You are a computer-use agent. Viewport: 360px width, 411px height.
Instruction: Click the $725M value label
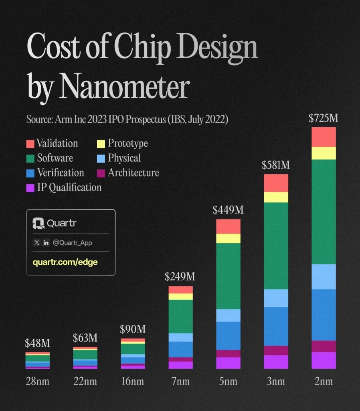324,118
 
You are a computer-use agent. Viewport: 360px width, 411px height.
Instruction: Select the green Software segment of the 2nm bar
324,212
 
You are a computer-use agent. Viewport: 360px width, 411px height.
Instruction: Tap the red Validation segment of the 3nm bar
276,183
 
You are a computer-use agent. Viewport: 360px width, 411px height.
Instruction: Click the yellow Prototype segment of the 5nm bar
228,238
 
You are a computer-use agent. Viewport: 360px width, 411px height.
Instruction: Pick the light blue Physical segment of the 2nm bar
324,277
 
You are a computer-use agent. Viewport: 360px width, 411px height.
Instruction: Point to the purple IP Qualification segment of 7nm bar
180,365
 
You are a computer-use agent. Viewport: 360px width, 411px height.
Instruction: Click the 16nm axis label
133,381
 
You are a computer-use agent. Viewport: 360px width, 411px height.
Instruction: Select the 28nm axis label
37,381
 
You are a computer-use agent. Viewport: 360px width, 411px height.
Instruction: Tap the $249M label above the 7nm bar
180,277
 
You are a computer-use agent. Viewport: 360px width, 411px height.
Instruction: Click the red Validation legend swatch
30,144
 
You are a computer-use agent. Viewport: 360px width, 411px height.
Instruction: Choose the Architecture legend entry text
133,173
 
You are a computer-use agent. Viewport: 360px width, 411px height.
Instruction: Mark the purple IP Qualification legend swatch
30,188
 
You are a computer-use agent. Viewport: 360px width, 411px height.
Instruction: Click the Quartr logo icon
38,223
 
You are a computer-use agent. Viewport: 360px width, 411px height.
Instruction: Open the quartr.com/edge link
65,262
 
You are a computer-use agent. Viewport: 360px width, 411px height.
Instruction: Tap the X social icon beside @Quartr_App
37,243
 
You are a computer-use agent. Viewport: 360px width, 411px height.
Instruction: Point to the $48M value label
37,344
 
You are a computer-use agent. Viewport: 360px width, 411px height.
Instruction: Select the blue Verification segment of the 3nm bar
276,326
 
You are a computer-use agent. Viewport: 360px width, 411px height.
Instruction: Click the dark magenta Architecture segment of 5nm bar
228,354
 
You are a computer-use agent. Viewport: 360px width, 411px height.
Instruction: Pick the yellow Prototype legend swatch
101,144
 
